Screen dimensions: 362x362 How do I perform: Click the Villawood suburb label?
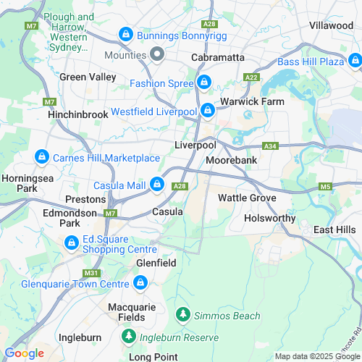(x=331, y=25)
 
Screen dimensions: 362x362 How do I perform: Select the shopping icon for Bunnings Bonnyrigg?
(x=125, y=34)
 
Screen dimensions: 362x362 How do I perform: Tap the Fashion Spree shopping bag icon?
(x=204, y=83)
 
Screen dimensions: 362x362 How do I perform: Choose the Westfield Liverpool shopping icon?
(x=208, y=110)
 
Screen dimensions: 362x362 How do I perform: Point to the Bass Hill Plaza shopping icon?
(x=355, y=62)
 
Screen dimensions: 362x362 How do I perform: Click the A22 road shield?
(x=251, y=77)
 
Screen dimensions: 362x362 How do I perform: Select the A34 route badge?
(x=270, y=146)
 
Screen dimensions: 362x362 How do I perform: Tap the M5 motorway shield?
(x=325, y=187)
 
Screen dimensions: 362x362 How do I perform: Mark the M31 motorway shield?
(x=91, y=273)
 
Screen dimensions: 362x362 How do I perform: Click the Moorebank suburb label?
(x=232, y=159)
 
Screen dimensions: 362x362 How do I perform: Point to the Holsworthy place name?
(x=270, y=217)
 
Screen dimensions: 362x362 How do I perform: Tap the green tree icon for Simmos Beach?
(x=184, y=315)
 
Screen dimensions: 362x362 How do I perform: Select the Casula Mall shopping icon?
(x=156, y=185)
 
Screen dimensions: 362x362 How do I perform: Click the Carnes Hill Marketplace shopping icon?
(x=42, y=157)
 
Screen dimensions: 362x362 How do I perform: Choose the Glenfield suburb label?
(x=156, y=264)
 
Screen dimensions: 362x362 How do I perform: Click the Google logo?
(x=24, y=353)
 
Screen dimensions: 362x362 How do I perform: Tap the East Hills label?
(x=334, y=230)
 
